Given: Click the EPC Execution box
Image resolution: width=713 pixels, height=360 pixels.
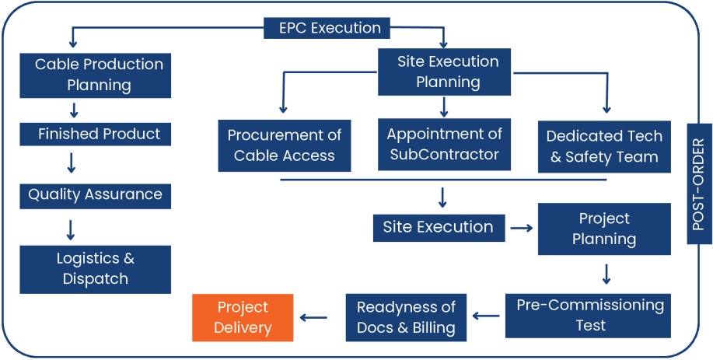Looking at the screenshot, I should click(x=330, y=29).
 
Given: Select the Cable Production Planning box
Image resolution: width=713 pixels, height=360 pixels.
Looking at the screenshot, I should click(x=95, y=75).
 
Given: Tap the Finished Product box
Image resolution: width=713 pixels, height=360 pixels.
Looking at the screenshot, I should click(x=95, y=135).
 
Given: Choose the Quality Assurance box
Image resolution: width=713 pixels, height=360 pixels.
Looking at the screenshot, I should click(x=95, y=194).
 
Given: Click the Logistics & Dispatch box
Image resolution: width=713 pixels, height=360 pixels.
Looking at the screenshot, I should click(x=95, y=269).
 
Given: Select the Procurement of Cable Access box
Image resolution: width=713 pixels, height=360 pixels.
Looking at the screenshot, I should click(x=284, y=145).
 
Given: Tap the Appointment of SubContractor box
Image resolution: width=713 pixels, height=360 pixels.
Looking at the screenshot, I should click(x=444, y=144).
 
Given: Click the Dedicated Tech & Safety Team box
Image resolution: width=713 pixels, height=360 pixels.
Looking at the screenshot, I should click(x=604, y=146).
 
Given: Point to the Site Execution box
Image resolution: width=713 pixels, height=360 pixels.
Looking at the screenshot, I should click(x=438, y=227).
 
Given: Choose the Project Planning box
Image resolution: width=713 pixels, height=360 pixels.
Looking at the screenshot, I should click(x=604, y=229).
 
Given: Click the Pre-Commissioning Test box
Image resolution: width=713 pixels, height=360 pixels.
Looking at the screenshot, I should click(x=589, y=315).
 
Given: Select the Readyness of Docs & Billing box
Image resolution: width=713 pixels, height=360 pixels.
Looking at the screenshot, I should click(x=406, y=317).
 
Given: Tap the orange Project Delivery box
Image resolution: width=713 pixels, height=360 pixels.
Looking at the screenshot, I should click(x=243, y=317).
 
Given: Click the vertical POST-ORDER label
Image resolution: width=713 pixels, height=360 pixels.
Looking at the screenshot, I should click(x=699, y=183).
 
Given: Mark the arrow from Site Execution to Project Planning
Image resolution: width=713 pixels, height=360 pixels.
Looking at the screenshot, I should click(x=521, y=228).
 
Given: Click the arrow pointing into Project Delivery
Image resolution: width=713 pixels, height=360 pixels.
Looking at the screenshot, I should click(x=313, y=317).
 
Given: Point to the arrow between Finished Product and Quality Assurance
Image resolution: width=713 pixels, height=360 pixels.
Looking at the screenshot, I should click(x=71, y=163).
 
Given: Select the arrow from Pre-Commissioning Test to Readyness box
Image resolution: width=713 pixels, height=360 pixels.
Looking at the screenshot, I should click(x=486, y=316).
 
